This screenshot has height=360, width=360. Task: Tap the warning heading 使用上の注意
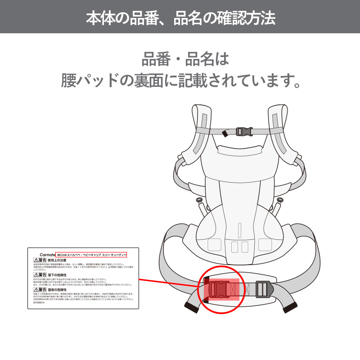point(57,260)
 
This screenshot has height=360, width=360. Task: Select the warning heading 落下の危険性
point(57,274)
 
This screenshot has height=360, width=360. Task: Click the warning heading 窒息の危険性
point(57,290)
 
